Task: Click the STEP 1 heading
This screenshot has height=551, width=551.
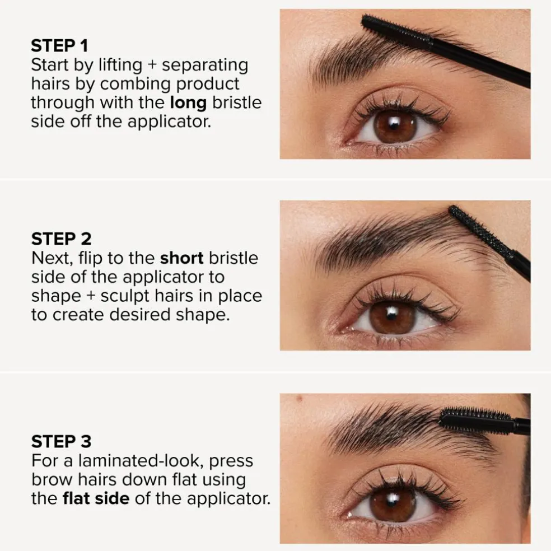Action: tap(59, 46)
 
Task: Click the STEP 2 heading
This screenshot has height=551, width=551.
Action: tap(61, 239)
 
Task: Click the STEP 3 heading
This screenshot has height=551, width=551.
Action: tap(61, 441)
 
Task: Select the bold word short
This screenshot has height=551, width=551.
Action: tap(181, 258)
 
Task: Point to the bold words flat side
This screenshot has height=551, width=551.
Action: tap(96, 498)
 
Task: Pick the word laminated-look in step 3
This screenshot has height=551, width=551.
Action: tap(141, 461)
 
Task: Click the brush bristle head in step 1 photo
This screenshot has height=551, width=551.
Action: tap(397, 31)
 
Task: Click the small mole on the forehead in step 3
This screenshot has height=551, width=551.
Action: tap(300, 399)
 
